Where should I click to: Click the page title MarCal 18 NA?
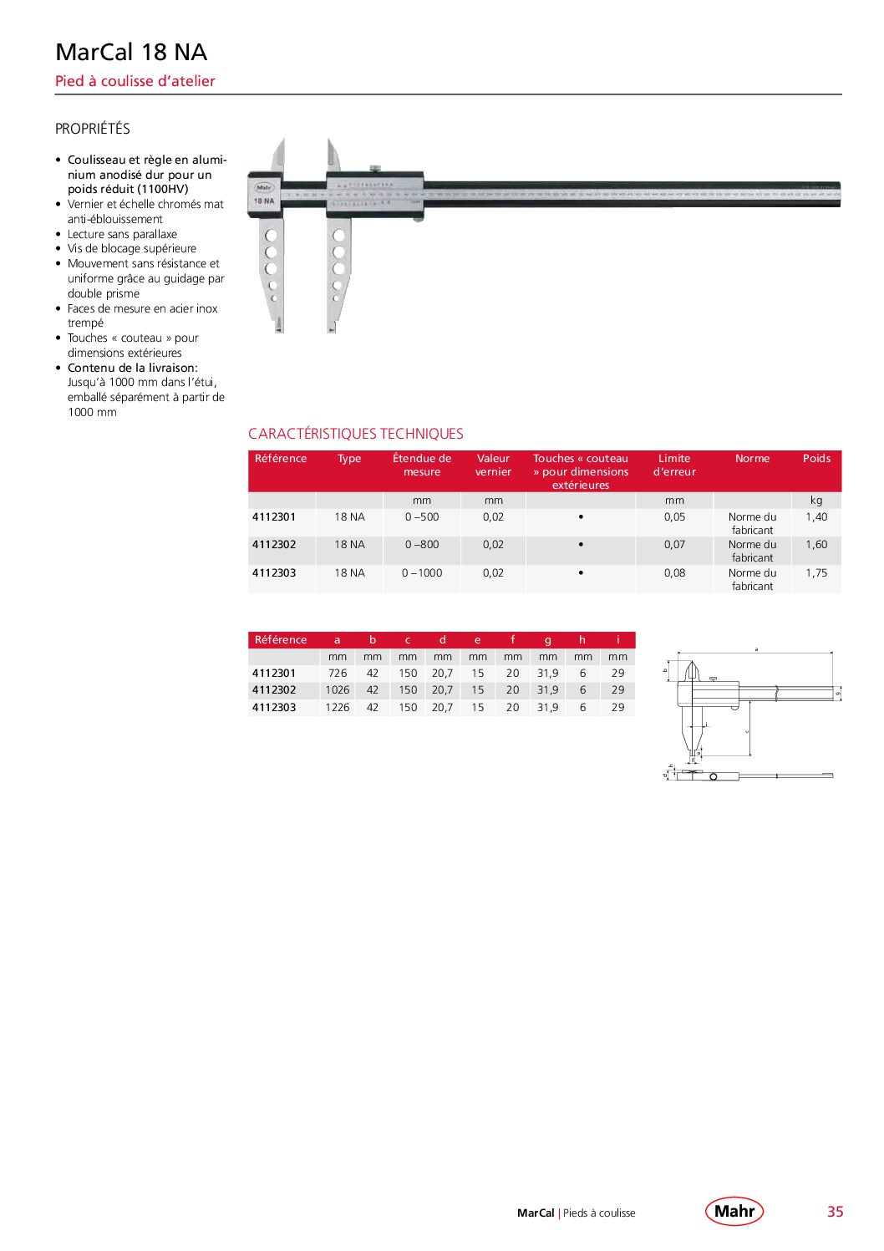click(x=131, y=52)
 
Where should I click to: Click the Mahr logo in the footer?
click(x=734, y=1211)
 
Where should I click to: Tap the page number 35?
click(x=835, y=1212)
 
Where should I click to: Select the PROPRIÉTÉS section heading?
click(x=93, y=129)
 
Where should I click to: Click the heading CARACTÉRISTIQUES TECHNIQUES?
click(x=356, y=434)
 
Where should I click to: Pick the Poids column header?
click(x=816, y=459)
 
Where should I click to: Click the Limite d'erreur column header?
click(x=674, y=465)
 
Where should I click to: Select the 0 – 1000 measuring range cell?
click(x=422, y=573)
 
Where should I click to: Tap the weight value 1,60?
click(x=816, y=545)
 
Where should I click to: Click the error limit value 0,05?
click(x=674, y=517)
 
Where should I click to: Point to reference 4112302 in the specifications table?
click(x=274, y=545)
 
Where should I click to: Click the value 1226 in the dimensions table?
click(x=338, y=708)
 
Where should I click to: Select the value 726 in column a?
click(x=338, y=674)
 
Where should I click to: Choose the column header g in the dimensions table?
click(x=548, y=640)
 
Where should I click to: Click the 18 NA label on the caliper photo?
click(x=264, y=201)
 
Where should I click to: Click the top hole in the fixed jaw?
click(x=271, y=236)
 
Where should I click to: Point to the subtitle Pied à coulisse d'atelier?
click(x=135, y=81)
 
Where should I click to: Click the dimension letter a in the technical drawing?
click(x=756, y=648)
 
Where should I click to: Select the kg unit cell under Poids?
click(x=816, y=501)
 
